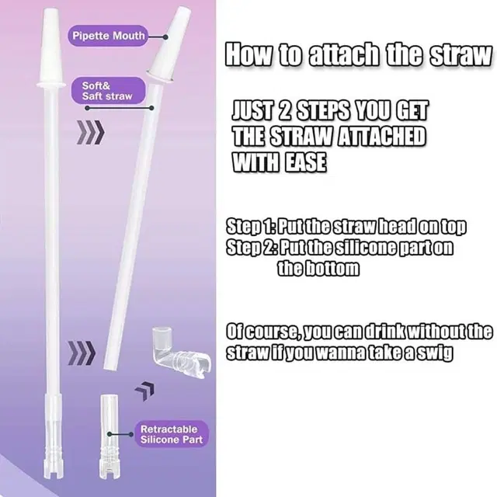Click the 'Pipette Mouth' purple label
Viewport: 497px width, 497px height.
point(109,36)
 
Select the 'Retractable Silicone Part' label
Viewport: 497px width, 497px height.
point(172,433)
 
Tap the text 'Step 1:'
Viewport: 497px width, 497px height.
point(252,227)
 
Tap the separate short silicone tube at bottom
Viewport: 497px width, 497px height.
point(111,439)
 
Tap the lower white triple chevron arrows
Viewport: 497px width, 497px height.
point(82,354)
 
